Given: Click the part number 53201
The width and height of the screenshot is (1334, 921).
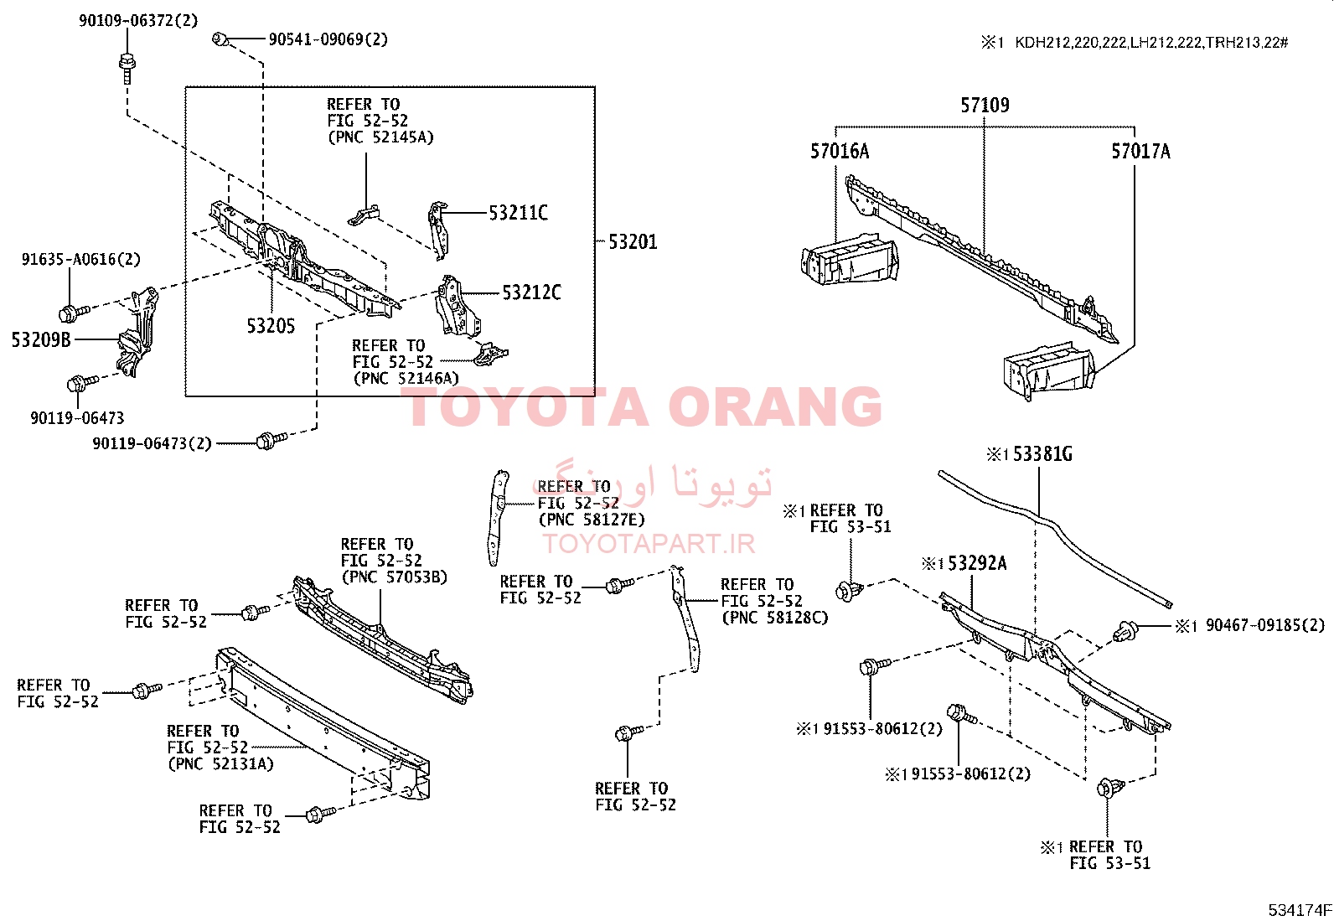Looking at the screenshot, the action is pos(633,242).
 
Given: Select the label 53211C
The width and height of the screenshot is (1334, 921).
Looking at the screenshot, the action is pos(518,213).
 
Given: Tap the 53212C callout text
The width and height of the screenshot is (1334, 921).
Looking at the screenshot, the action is pos(531,292).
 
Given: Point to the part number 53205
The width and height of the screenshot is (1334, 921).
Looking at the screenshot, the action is pos(271,326).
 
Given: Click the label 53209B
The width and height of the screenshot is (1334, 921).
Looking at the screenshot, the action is pos(41,339).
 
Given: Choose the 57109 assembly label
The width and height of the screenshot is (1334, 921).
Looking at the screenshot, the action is pos(985,106).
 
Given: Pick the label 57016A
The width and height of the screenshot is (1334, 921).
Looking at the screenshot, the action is pos(840,152).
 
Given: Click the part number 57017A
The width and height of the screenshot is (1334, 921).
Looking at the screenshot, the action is pos(1140,152).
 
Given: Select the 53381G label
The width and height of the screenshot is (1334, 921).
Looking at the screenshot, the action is pos(1042,454).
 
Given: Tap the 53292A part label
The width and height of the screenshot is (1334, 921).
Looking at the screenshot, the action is pos(977,563).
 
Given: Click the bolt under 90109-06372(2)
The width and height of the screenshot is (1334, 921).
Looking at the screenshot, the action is pos(127,69).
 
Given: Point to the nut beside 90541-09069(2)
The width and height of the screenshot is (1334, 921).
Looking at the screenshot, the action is pos(220,40).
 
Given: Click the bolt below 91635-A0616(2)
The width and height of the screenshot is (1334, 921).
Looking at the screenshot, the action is pos(74,312).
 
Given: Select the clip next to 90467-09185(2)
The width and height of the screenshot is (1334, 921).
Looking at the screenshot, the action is pos(1125,631).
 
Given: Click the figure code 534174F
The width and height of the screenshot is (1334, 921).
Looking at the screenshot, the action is pos(1300,910).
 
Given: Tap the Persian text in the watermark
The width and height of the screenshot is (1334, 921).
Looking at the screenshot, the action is pos(652,484).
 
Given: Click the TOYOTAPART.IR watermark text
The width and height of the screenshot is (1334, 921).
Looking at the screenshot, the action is pos(649,544).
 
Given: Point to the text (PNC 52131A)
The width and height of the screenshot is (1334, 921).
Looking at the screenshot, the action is pos(220,763).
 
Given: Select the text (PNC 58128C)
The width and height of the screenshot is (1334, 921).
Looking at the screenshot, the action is pos(775,618).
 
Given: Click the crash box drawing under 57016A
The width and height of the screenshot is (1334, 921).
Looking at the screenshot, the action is pos(850,260).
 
